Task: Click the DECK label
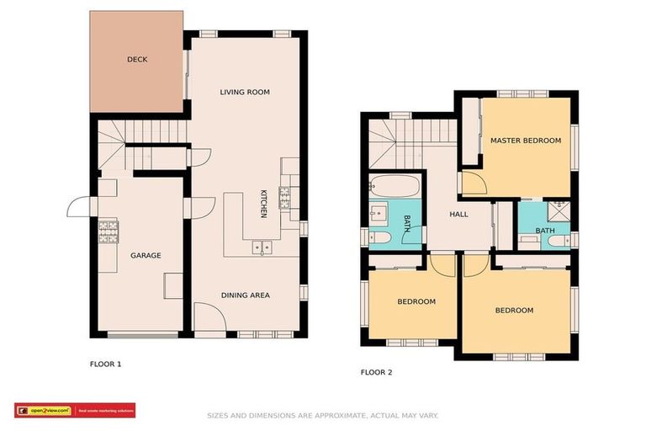coord(137,60)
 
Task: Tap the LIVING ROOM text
coord(245,92)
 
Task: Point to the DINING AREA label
coord(245,295)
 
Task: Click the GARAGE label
coord(145,255)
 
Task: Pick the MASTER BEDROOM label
coord(525,141)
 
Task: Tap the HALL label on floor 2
coord(458,215)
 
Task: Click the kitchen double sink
coord(262,247)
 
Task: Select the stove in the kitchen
coord(285,198)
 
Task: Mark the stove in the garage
coord(107,231)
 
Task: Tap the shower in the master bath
coord(556,210)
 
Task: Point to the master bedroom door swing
coord(473,184)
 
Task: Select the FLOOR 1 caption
coord(106,364)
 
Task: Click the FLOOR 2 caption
coord(376,371)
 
